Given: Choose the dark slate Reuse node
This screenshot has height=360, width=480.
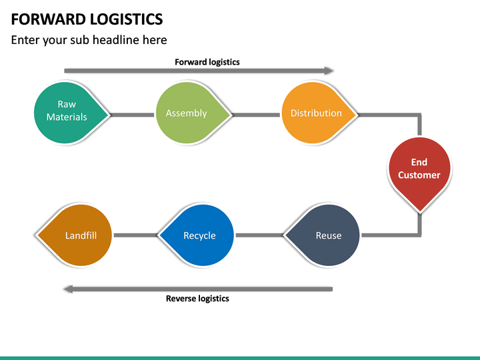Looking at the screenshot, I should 325,235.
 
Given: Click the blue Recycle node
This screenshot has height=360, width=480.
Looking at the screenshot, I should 199,235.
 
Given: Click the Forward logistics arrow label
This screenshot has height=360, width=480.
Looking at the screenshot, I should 207,62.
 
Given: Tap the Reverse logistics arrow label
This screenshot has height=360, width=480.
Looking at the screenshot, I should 197,299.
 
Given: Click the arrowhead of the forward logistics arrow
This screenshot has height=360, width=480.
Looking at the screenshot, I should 329,71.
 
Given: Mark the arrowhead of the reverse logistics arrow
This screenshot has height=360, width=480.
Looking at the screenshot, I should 67,289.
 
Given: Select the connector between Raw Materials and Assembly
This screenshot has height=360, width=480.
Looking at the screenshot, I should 131,115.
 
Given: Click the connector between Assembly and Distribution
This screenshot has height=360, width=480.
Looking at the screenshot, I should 256,115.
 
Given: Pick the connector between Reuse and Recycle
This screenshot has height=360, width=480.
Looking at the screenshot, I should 260,235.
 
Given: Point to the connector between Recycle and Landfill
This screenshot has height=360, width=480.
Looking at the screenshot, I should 135,235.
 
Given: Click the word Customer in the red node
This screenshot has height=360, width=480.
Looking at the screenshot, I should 419,175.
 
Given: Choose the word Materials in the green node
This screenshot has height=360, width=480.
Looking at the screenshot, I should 67,117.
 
